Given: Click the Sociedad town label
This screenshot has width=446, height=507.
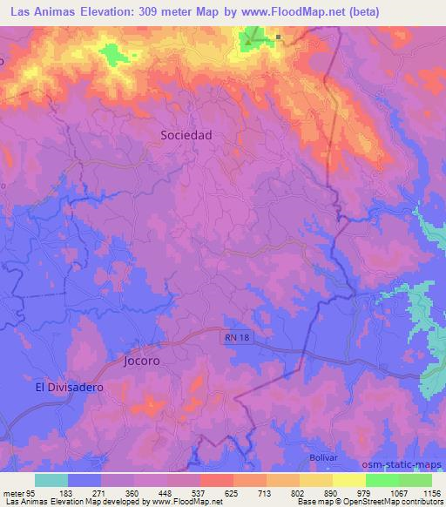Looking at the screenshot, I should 186,135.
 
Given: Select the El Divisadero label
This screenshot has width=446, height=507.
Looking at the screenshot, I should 69,386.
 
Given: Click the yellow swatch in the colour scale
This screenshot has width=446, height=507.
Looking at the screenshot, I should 348,480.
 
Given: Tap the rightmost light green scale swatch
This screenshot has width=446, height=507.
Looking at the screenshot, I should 415,480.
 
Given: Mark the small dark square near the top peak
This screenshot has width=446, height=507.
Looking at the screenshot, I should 278,37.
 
